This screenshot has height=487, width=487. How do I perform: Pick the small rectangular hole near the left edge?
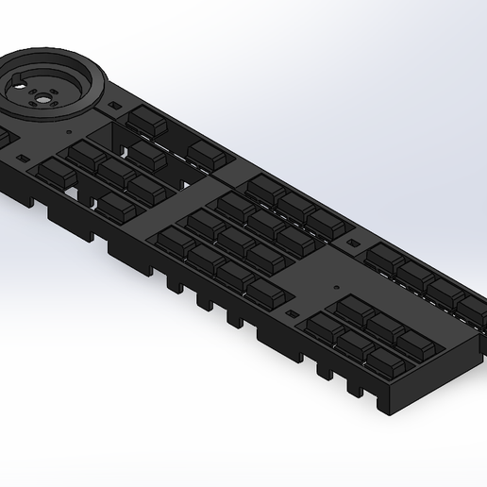point(22,159)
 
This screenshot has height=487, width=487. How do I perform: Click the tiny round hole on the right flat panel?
point(336,284)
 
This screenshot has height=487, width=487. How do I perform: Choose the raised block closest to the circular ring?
point(146,120)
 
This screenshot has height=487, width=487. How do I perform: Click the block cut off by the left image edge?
point(3,140)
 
